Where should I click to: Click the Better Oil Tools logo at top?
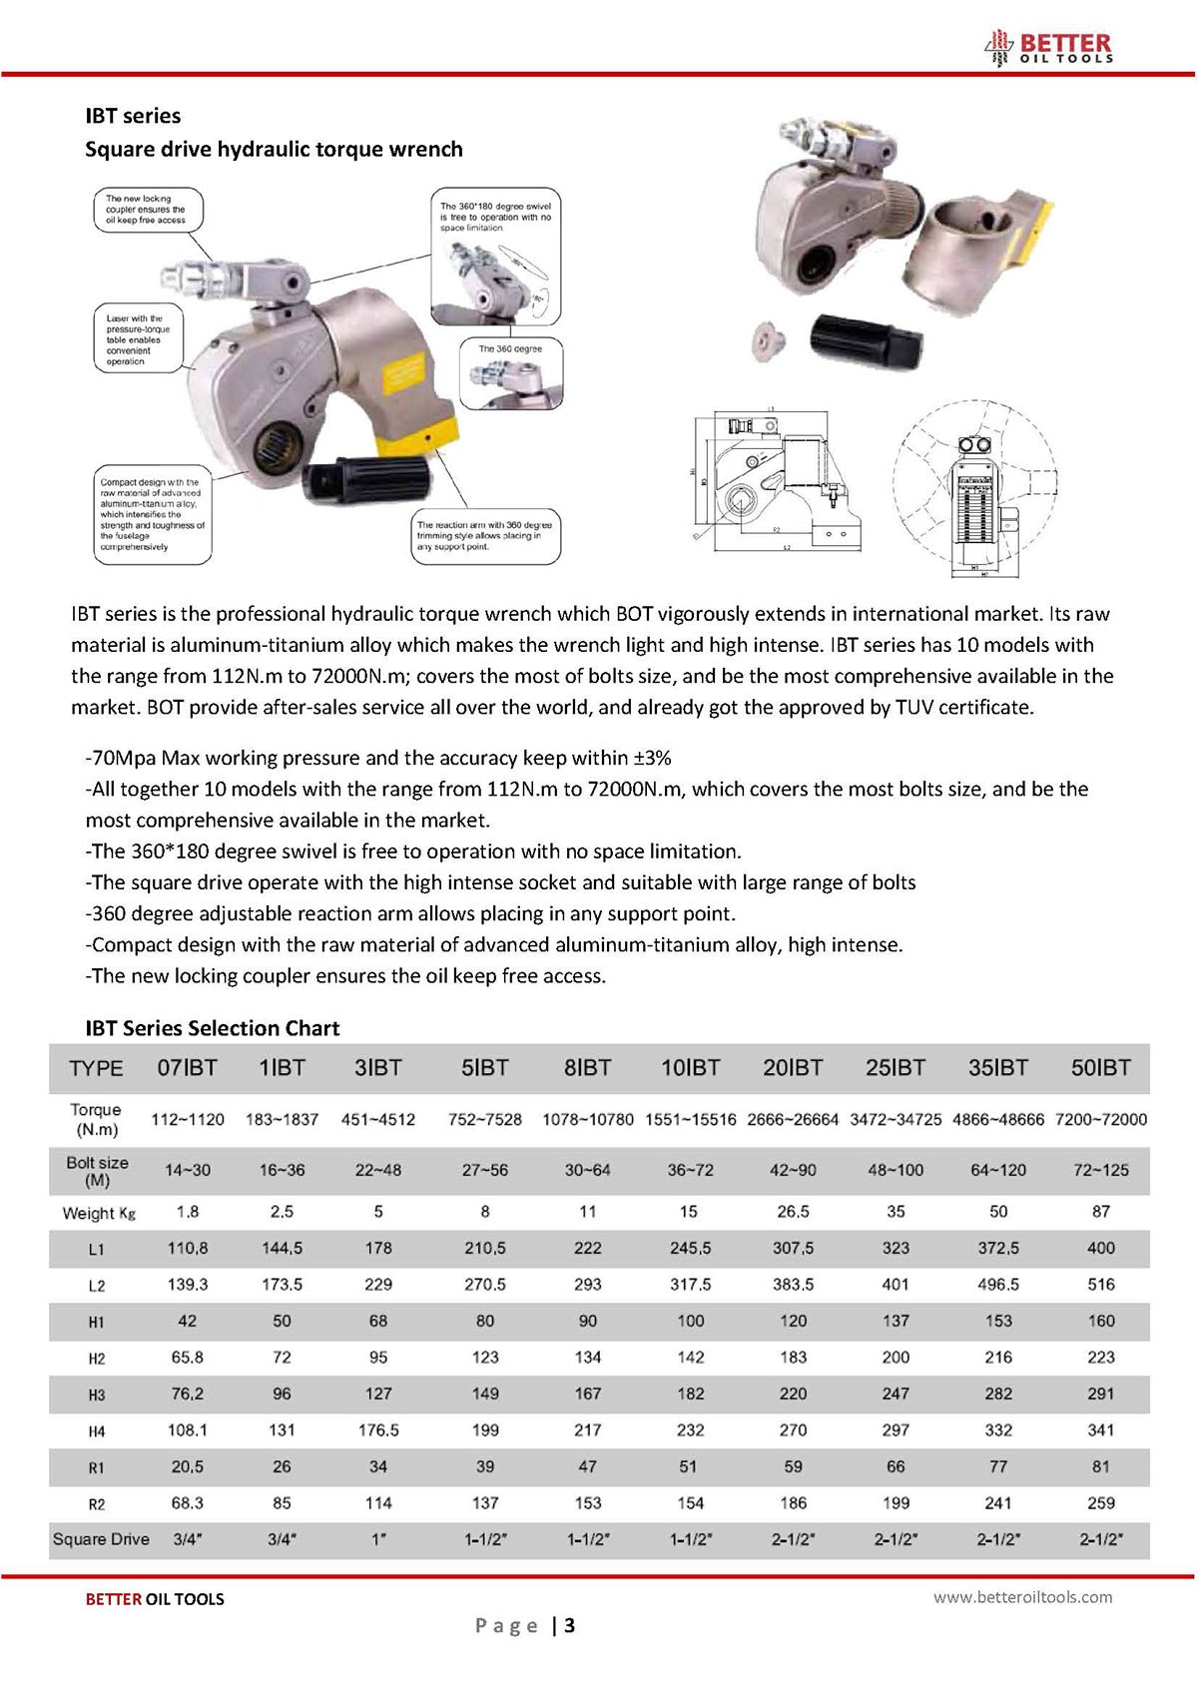1048,47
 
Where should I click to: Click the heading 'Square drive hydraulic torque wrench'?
274,150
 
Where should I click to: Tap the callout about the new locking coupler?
148,210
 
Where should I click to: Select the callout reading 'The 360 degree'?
510,349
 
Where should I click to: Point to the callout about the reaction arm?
485,536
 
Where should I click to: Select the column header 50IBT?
1100,1068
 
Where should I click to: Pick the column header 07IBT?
187,1068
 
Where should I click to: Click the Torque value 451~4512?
378,1120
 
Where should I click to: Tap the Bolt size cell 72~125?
1100,1170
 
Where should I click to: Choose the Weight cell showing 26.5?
793,1212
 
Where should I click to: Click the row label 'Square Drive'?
101,1539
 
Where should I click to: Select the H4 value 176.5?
378,1430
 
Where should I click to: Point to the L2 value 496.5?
998,1285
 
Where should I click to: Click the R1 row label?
96,1468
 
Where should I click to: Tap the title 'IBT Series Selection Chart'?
212,1028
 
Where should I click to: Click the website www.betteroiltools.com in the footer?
1022,1597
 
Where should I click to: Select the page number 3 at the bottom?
569,1626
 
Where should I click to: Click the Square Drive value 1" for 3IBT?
378,1539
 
